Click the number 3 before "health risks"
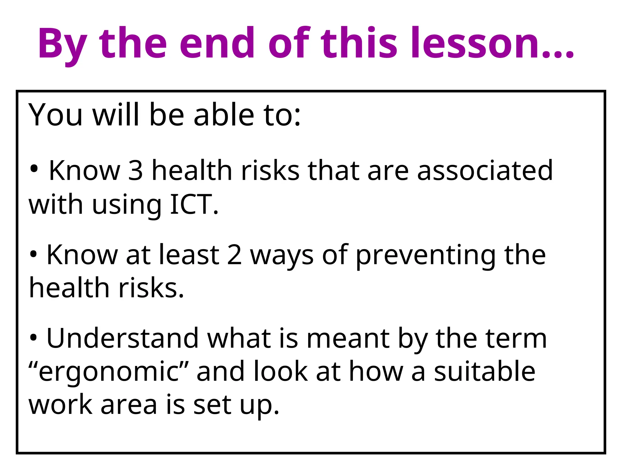[x=135, y=171]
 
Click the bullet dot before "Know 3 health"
[x=34, y=168]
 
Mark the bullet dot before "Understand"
[x=33, y=337]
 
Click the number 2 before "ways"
[x=234, y=255]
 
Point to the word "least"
[x=189, y=255]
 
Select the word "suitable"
[x=484, y=371]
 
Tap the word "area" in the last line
[x=129, y=405]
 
